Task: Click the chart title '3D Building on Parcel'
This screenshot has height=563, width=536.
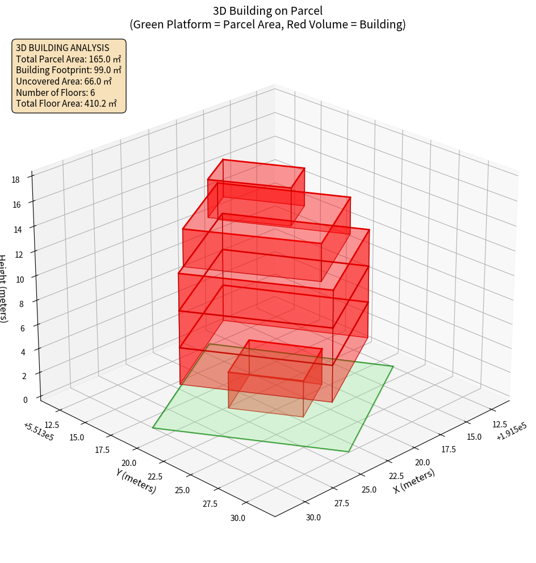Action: coord(268,10)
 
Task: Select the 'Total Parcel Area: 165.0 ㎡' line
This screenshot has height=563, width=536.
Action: coord(68,58)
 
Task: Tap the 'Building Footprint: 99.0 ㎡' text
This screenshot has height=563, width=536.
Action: coord(69,70)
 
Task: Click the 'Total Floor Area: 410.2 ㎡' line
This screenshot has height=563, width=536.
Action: coord(66,103)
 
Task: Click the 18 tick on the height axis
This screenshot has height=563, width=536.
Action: coord(15,180)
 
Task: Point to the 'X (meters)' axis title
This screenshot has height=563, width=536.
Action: coord(414,481)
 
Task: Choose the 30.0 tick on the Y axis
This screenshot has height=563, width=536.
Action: coord(237,518)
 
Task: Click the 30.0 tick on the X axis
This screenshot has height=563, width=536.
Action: coord(313,518)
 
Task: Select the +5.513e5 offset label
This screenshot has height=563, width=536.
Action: coord(39,431)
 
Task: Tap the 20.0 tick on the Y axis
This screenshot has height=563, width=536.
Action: coord(129,463)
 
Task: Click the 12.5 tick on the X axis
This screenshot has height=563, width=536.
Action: coord(499,424)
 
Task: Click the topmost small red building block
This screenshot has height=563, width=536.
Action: coord(256,191)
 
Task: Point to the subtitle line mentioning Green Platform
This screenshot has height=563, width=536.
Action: coord(268,24)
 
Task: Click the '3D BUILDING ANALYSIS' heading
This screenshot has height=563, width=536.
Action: coord(62,48)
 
